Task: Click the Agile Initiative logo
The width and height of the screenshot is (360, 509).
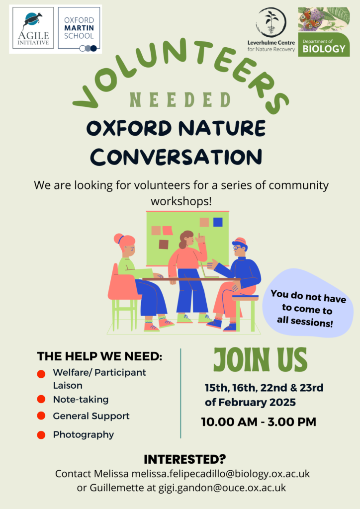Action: (x=33, y=28)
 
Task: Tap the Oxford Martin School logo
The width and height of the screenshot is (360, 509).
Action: (x=79, y=28)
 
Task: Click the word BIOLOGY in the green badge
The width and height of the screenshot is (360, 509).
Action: (x=324, y=49)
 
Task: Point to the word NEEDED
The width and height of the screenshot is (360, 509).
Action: (x=180, y=99)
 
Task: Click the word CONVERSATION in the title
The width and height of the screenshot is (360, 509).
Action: (x=176, y=157)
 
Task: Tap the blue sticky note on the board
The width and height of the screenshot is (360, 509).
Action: (x=218, y=222)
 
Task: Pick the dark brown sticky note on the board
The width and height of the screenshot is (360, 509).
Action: (x=164, y=245)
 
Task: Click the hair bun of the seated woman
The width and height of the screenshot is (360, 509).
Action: (x=118, y=239)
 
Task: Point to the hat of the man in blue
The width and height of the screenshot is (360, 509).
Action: (x=240, y=242)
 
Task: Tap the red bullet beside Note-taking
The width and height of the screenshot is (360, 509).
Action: (x=41, y=399)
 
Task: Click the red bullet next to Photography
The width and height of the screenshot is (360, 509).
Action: (x=41, y=435)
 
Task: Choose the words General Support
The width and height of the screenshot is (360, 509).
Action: (x=91, y=416)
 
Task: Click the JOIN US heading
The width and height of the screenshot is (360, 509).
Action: (x=261, y=360)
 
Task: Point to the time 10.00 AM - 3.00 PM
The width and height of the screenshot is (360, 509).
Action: (x=259, y=422)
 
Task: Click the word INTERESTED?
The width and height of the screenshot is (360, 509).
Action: (x=184, y=459)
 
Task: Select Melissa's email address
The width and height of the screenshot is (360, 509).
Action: (x=220, y=474)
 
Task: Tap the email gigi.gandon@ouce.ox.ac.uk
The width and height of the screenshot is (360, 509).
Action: (x=222, y=488)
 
